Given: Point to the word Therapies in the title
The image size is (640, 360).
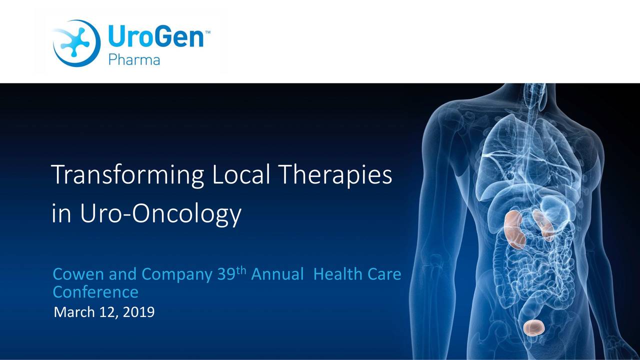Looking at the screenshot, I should point(334,176).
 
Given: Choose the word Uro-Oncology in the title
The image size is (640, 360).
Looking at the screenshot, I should point(160,214).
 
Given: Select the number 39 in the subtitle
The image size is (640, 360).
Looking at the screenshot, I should point(225,274).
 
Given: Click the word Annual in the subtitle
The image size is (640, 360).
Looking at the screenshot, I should point(277,274).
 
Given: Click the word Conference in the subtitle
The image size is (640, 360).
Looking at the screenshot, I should point(95,291).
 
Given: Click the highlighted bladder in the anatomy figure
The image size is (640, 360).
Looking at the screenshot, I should point(533,327).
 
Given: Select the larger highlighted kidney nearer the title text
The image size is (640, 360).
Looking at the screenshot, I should point(514,229).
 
